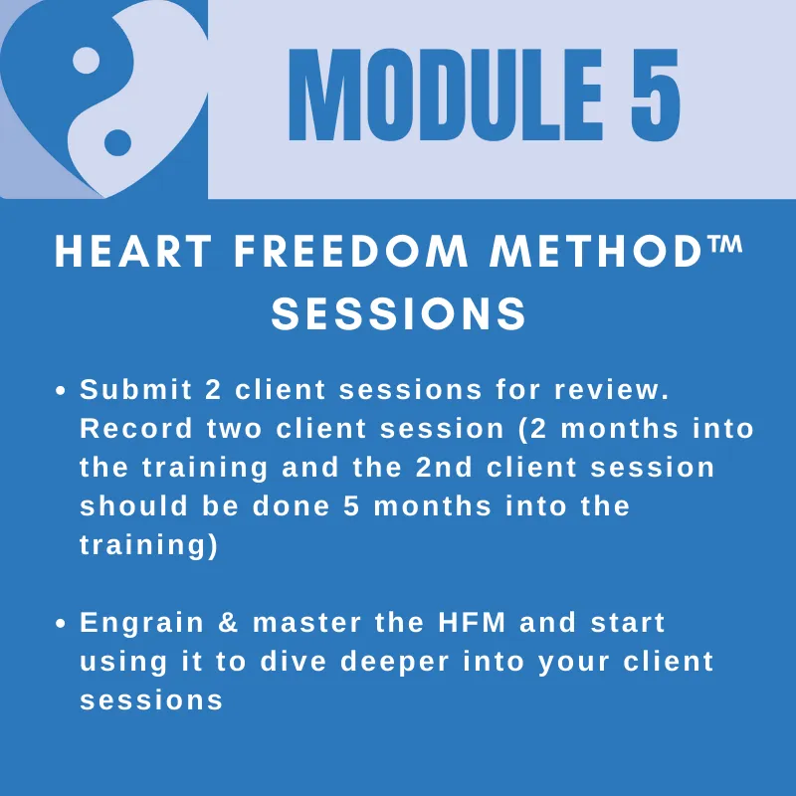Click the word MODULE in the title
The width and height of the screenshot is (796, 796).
pyautogui.click(x=446, y=95)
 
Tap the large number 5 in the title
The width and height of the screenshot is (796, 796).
pyautogui.click(x=655, y=95)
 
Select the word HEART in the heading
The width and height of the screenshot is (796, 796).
pyautogui.click(x=133, y=251)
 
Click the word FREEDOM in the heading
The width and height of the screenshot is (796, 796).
pyautogui.click(x=350, y=251)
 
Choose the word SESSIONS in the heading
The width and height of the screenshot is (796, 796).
pyautogui.click(x=399, y=313)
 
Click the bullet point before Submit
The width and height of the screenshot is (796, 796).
pyautogui.click(x=61, y=391)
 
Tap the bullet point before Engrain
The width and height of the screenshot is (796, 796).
pyautogui.click(x=61, y=624)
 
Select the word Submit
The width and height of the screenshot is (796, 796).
pyautogui.click(x=136, y=389)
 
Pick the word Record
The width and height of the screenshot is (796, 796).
pyautogui.click(x=136, y=429)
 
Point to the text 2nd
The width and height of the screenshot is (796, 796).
pyautogui.click(x=444, y=467)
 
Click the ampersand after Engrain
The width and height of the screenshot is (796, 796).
pyautogui.click(x=228, y=623)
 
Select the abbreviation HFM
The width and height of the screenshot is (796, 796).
pyautogui.click(x=472, y=623)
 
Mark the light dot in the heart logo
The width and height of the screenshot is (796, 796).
pyautogui.click(x=86, y=61)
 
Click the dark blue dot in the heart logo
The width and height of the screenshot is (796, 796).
pyautogui.click(x=117, y=142)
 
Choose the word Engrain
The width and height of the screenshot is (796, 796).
pyautogui.click(x=141, y=624)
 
